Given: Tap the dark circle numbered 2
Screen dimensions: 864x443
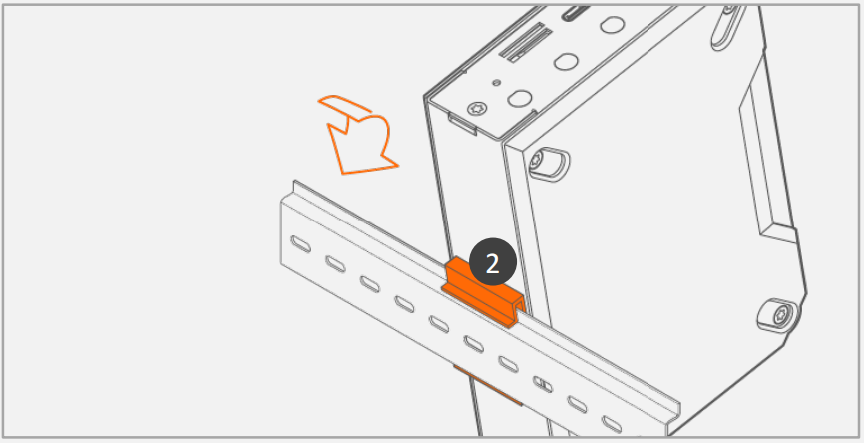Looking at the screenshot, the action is coord(492,262).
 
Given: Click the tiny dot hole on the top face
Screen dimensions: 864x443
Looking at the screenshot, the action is coord(497,83).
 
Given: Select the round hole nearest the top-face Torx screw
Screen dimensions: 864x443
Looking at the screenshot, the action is coord(519,98).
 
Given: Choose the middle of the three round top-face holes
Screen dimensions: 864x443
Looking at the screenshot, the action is coord(566,61).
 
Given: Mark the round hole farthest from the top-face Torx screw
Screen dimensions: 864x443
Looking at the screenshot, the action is coord(612,24).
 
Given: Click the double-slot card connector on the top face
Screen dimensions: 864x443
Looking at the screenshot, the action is coord(526,43).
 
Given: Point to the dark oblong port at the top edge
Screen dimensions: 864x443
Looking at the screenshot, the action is coord(576,13).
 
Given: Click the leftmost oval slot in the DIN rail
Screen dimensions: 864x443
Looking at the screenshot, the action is coord(301,243).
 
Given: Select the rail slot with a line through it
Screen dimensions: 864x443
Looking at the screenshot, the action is coord(542,383).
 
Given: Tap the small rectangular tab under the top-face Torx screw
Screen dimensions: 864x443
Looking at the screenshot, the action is coord(462,124).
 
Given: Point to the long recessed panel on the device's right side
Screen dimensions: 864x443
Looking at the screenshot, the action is coord(767,160).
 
